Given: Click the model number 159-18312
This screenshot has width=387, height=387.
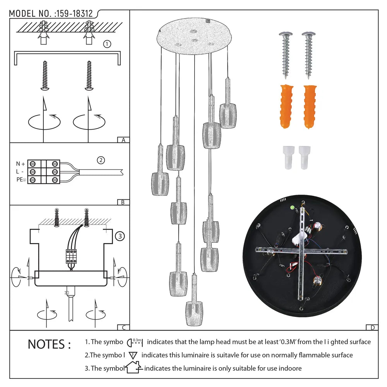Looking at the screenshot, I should (74, 14).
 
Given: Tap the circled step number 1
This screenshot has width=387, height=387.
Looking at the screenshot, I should (107, 44).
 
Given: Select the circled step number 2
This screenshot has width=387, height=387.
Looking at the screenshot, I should (101, 160).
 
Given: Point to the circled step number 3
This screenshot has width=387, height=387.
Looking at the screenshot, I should (120, 236).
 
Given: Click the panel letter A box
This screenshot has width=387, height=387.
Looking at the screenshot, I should (123, 140).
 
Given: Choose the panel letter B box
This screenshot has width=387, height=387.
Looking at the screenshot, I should (123, 202).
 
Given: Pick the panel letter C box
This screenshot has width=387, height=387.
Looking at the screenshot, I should (123, 327).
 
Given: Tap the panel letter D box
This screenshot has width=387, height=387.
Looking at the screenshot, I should (372, 327).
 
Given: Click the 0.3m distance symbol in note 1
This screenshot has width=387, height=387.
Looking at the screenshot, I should (135, 342).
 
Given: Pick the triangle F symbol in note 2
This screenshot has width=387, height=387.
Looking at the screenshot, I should (133, 355).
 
